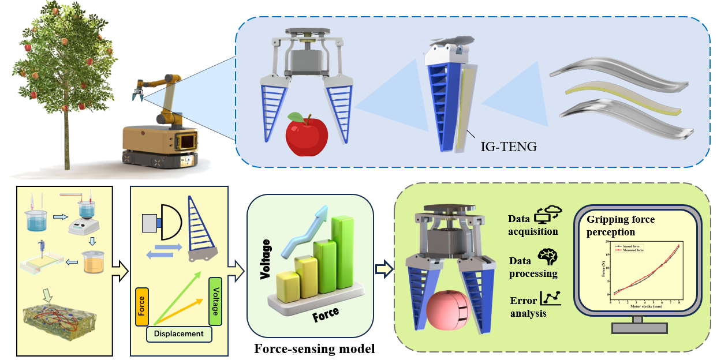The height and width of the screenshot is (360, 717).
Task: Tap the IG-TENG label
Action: click(x=508, y=147)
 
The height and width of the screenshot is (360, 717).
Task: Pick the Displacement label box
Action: click(x=179, y=333)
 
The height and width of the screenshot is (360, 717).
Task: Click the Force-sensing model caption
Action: click(x=315, y=348)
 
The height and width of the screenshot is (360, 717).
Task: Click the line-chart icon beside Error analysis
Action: click(x=550, y=298)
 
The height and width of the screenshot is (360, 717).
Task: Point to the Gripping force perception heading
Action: click(x=621, y=226)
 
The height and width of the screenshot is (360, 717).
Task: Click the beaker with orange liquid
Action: click(x=92, y=262)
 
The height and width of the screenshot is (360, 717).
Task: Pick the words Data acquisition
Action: click(x=533, y=225)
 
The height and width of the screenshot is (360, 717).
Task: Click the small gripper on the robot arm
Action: click(x=139, y=92)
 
